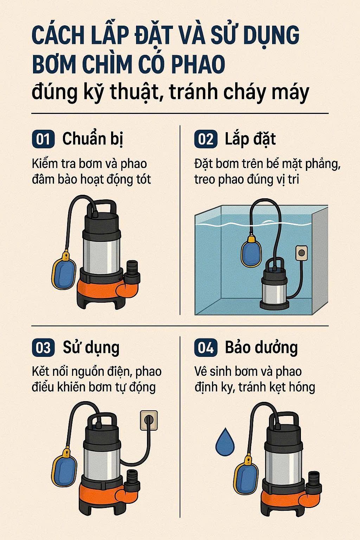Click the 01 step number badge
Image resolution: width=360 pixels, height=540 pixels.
pyautogui.click(x=43, y=139)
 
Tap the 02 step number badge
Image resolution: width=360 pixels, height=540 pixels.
pyautogui.click(x=206, y=139)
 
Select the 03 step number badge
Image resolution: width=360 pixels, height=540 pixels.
pyautogui.click(x=43, y=347)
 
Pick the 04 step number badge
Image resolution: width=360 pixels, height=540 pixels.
pyautogui.click(x=206, y=347)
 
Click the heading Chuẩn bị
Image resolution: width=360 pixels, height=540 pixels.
pyautogui.click(x=93, y=139)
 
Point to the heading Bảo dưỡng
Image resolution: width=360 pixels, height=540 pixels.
pyautogui.click(x=261, y=348)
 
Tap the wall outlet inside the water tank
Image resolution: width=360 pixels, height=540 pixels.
pyautogui.click(x=302, y=253)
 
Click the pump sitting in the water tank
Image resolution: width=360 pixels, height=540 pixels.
pyautogui.click(x=275, y=284)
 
